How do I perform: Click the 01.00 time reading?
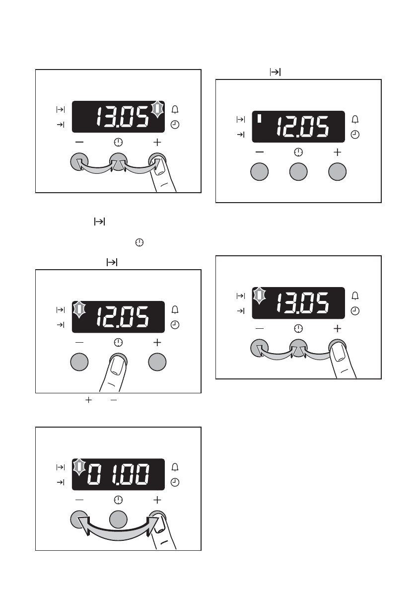[x=119, y=475]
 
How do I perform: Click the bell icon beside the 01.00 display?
[x=175, y=467]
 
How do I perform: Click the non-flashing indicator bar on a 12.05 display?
[x=259, y=118]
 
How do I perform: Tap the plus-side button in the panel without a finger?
[x=338, y=171]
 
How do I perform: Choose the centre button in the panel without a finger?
[x=298, y=171]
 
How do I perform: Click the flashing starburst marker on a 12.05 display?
[x=79, y=310]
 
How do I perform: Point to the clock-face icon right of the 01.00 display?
[x=175, y=482]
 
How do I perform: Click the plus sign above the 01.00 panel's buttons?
[x=157, y=500]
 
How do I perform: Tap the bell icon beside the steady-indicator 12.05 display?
[x=355, y=119]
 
